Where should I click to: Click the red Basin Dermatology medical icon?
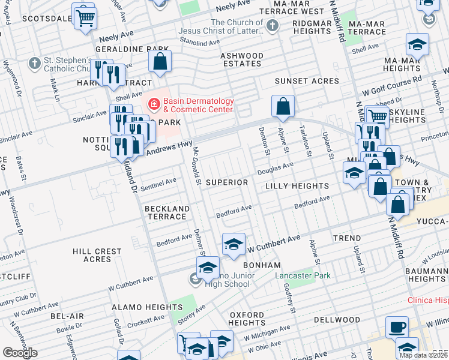[154, 105]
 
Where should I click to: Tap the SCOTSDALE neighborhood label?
[47, 19]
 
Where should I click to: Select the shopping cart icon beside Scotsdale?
[84, 16]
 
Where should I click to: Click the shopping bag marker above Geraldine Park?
[160, 61]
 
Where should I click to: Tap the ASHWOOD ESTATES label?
[243, 60]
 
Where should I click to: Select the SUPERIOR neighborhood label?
[226, 182]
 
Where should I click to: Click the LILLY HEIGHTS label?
[297, 187]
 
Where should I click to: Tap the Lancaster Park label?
[303, 276]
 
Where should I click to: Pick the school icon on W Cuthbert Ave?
[234, 244]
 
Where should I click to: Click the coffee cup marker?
[396, 328]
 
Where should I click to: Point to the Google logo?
[19, 353]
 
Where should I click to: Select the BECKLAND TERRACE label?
[167, 213]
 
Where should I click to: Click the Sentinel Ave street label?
[158, 184]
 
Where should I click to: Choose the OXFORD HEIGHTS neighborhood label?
[247, 319]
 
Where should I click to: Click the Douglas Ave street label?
[276, 169]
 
